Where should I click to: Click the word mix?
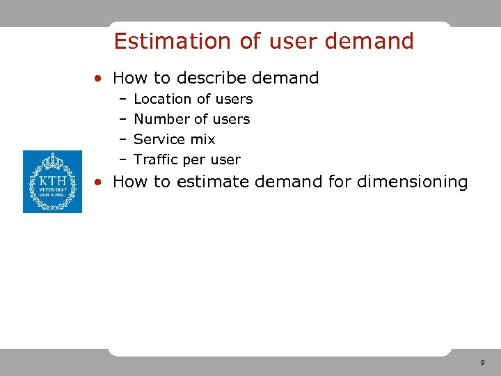tap(202, 139)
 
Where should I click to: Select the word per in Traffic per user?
tap(195, 160)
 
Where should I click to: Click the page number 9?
tap(482, 363)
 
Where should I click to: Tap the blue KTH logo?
tap(52, 181)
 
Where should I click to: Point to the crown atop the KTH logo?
tap(52, 162)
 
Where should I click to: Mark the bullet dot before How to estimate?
tap(101, 183)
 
